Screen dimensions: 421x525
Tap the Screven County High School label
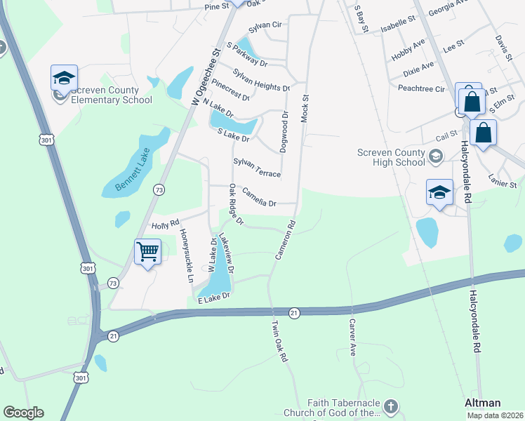pos(391,158)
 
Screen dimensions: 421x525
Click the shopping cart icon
pos(147,251)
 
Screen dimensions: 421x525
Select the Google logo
pos(23,413)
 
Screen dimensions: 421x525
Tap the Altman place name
pos(483,403)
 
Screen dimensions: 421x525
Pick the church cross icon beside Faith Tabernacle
pos(391,407)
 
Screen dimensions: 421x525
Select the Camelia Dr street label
pos(258,196)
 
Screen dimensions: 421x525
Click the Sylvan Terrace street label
pos(257,168)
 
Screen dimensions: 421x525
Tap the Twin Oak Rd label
pos(280,342)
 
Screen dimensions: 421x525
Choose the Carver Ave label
pos(352,338)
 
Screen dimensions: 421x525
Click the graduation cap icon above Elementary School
pos(64,78)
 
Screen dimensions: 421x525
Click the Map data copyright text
pos(495,415)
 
